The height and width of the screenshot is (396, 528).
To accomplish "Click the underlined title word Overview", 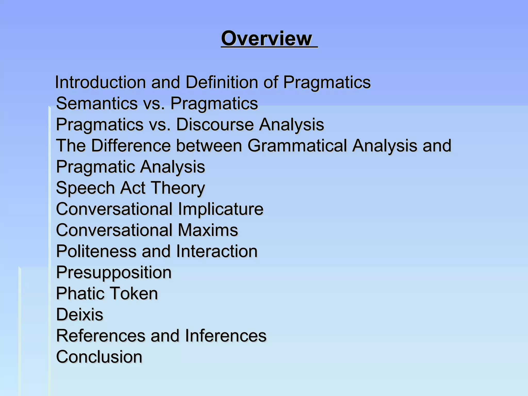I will pos(267,38).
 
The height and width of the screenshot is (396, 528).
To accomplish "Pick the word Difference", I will pos(131,146).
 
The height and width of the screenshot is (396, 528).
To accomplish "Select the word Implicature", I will pos(221,209).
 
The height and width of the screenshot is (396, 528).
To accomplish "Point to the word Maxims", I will pos(208,230).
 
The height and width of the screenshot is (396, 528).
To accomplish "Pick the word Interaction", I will pos(217,251).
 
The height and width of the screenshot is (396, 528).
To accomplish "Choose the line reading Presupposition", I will pos(114,273).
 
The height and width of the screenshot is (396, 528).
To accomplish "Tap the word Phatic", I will pos(79,294).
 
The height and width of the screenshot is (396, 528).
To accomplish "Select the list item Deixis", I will pos(80,315).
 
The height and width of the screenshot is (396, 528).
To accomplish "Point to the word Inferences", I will pos(226,336).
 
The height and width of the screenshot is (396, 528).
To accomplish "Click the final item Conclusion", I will pos(99,357).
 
